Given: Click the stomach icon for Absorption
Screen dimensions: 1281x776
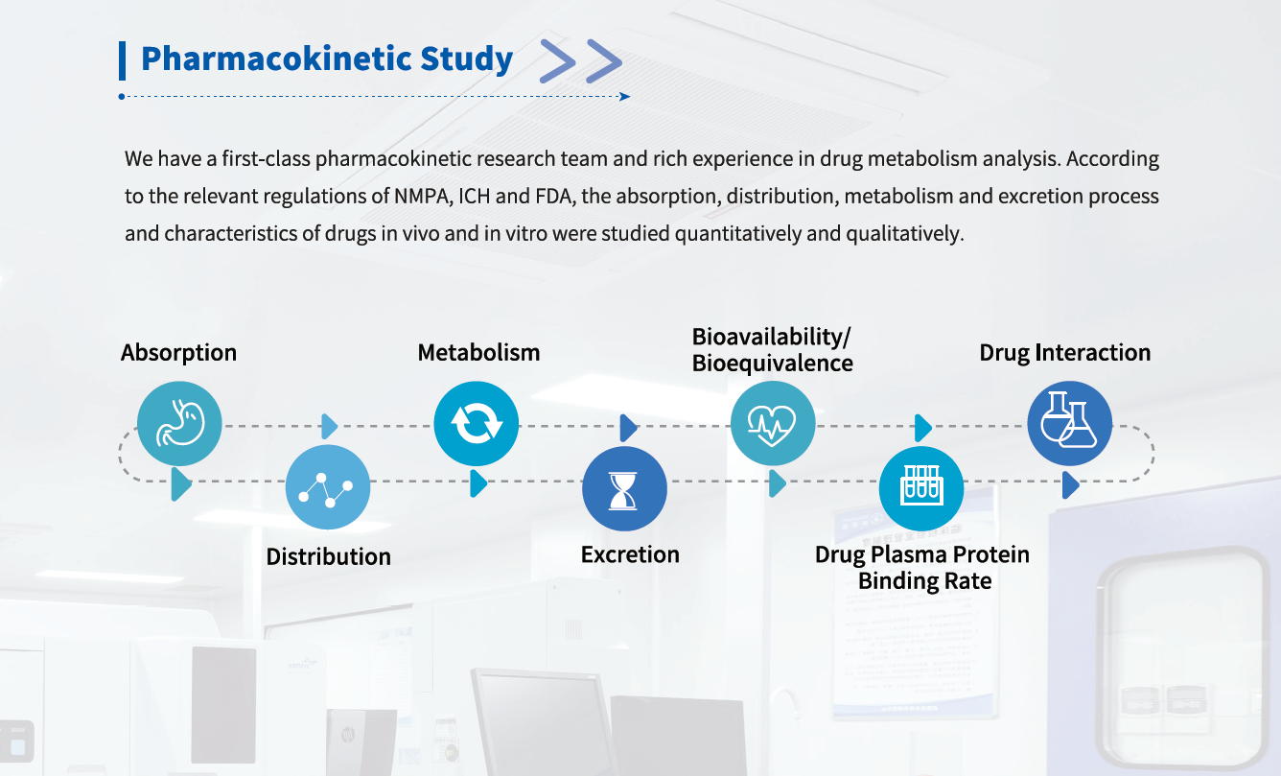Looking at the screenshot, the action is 179,423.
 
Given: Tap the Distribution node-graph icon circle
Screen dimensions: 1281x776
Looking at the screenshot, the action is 328,487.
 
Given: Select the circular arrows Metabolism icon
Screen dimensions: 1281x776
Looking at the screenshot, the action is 477,423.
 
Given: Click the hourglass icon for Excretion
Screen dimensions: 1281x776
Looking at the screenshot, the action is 624,489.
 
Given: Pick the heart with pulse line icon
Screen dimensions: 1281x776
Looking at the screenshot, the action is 773,423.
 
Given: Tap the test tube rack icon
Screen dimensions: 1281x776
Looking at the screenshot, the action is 921,489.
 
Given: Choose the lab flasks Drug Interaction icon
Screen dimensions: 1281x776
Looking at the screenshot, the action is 1069,423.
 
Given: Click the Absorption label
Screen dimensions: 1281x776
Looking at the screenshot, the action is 178,353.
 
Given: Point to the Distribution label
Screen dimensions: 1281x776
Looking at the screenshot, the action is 329,556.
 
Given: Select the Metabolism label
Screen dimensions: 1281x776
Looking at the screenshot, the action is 478,353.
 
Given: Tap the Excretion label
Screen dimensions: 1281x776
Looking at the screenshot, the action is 630,554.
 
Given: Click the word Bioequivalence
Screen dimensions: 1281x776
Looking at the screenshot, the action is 773,364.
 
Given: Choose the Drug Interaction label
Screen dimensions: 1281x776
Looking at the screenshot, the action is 1065,353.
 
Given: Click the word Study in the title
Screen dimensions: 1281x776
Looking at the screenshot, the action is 466,59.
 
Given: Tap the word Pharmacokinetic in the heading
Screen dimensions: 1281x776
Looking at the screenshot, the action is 276,59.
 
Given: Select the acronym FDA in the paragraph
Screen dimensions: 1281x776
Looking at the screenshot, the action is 555,197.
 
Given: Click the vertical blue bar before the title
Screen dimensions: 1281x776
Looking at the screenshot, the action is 123,60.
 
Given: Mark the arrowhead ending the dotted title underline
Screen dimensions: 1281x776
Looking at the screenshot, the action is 625,97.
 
